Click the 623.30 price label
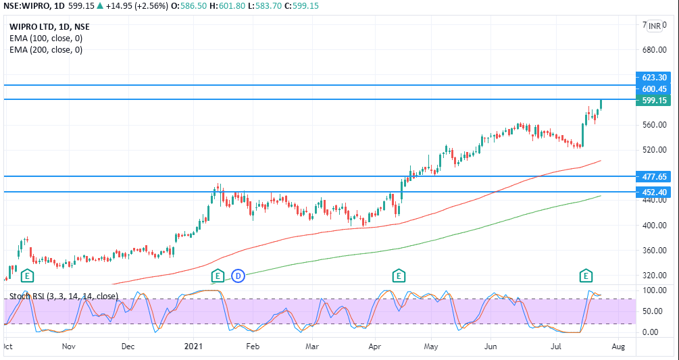coord(654,78)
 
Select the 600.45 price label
coord(654,88)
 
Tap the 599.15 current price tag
coord(654,100)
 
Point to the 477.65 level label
coord(654,176)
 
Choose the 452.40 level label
coord(654,192)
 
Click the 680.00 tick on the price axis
coord(654,50)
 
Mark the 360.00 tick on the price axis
coord(654,251)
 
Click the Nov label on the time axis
coord(68,346)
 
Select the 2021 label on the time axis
coord(193,346)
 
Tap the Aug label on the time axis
coord(618,346)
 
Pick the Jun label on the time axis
coord(491,346)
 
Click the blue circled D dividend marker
coord(238,276)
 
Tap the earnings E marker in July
coord(586,276)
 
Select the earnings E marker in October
coord(27,276)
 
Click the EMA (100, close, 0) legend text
coord(46,38)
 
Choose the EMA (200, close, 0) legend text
coord(46,49)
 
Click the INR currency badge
coord(655,26)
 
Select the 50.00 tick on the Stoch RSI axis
coord(653,311)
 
